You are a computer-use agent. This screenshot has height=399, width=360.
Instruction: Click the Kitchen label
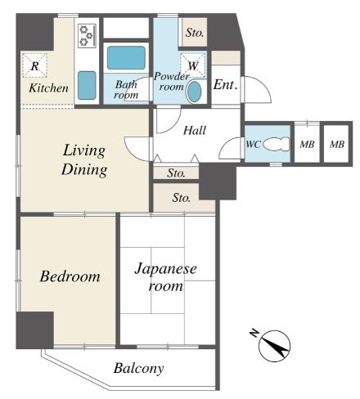click(x=48, y=88)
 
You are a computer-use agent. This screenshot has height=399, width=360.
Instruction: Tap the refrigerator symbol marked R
click(x=34, y=65)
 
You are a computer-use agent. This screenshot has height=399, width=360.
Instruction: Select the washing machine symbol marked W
click(x=193, y=65)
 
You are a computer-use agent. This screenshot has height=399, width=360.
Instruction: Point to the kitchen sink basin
click(x=87, y=85)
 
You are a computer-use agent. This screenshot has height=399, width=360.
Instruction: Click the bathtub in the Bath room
click(x=126, y=57)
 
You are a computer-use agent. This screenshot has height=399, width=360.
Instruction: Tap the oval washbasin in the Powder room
click(x=195, y=92)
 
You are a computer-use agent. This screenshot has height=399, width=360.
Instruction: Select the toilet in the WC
click(x=277, y=144)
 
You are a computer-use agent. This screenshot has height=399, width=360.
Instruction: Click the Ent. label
click(x=225, y=85)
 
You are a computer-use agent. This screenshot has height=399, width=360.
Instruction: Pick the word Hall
click(x=195, y=130)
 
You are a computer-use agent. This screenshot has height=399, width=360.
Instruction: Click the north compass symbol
click(x=274, y=346)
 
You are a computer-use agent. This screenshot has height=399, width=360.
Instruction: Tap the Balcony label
click(x=139, y=368)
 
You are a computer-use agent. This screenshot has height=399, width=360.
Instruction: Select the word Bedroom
click(x=70, y=276)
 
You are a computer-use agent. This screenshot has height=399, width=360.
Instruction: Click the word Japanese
click(x=165, y=269)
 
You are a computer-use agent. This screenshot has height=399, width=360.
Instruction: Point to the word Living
click(x=84, y=150)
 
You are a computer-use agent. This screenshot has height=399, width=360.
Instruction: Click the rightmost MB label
click(x=337, y=144)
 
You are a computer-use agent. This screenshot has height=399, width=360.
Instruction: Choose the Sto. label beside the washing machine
click(x=195, y=33)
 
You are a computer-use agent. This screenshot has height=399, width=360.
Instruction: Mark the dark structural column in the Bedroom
click(x=34, y=330)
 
